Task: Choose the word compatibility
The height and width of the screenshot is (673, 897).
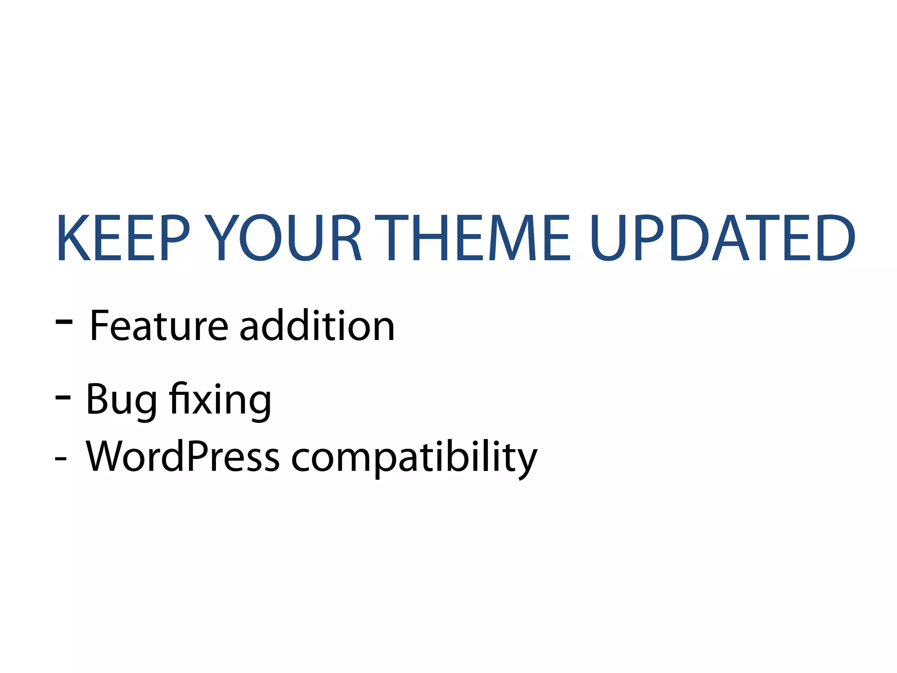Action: pos(414,459)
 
